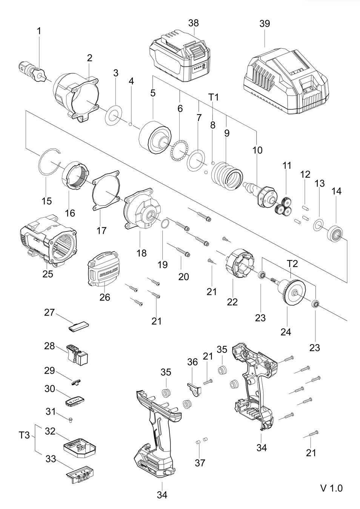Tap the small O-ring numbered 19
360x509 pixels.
165,224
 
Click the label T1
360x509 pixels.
213,97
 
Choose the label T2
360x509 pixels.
292,264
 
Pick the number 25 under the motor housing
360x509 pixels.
48,274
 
